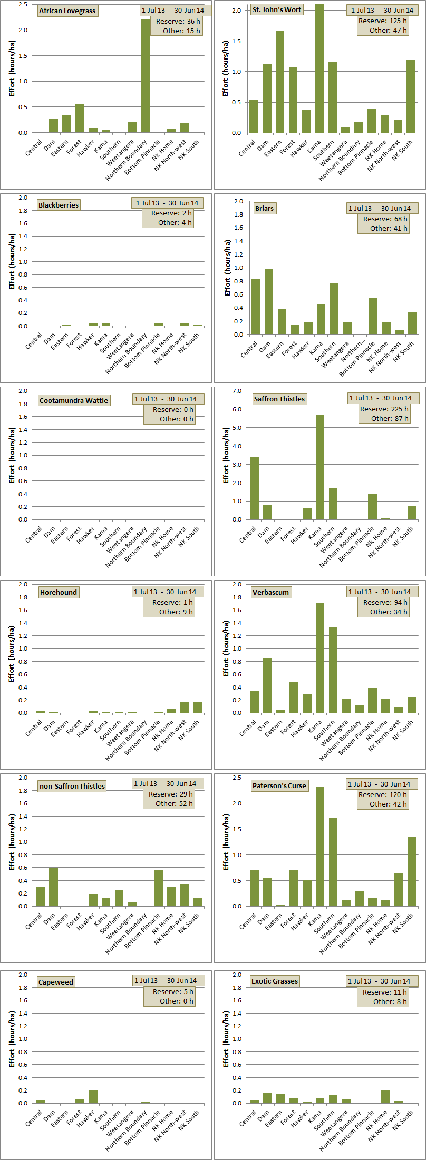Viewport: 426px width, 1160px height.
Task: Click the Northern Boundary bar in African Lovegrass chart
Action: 145,76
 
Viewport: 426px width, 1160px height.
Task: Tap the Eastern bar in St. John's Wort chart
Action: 280,82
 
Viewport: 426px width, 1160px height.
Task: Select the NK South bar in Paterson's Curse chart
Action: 411,871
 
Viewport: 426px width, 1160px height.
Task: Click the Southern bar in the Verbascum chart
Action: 333,670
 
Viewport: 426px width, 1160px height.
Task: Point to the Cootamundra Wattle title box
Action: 74,400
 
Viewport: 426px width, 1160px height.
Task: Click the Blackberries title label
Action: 59,205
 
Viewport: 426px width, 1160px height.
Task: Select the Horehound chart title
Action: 59,592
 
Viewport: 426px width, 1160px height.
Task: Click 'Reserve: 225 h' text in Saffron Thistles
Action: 384,409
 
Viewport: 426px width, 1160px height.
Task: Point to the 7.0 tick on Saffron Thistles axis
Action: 237,391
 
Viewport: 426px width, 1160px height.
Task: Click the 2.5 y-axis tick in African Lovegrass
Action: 23,4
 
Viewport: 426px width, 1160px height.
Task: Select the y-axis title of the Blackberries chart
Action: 12,262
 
